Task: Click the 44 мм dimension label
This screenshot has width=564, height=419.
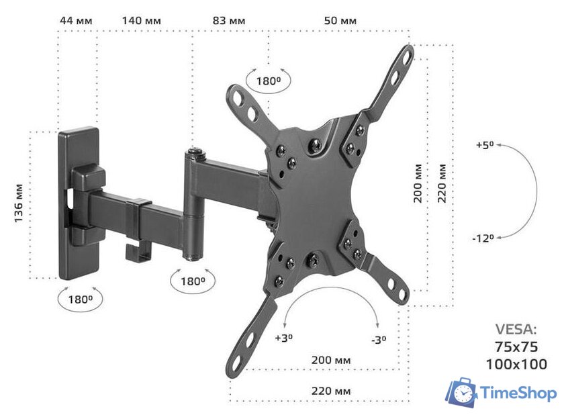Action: (x=76, y=21)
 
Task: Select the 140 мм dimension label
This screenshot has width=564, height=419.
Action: (x=142, y=21)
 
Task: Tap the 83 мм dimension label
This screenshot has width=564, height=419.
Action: (x=229, y=21)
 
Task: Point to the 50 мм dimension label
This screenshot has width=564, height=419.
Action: (x=340, y=21)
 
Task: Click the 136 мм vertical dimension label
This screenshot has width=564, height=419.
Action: (x=18, y=203)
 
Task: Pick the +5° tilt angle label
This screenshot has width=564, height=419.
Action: (x=485, y=145)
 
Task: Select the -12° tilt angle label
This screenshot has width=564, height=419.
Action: (x=483, y=238)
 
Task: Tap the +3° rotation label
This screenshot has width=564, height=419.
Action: (x=284, y=338)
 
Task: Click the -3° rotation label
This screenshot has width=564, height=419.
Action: (x=379, y=340)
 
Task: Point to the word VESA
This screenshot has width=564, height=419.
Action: (x=516, y=329)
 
